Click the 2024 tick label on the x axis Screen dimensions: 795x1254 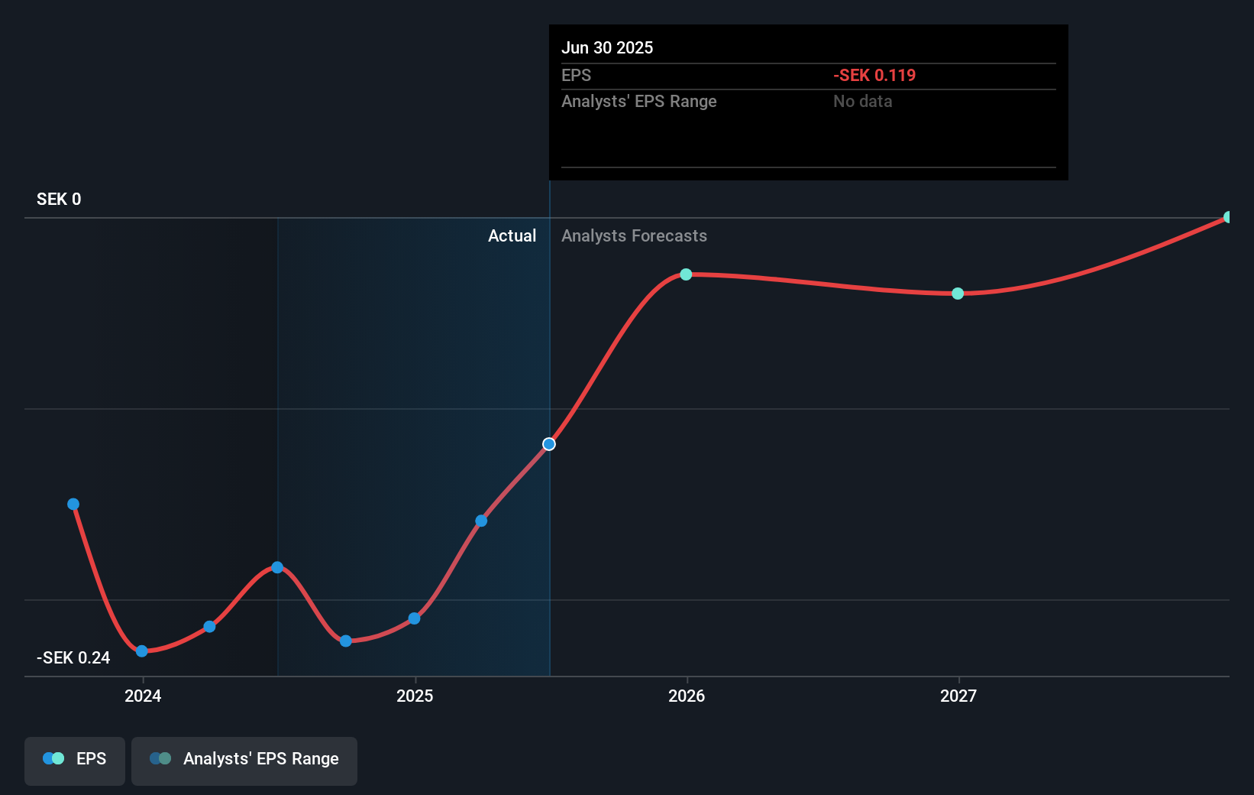[143, 696]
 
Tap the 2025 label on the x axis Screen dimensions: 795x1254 [415, 696]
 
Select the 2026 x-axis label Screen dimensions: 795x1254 [687, 696]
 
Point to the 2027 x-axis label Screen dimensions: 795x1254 [958, 696]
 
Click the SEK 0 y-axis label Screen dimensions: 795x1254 [59, 200]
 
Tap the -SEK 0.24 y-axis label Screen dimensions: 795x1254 [73, 658]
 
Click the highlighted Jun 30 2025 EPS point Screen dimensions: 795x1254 [549, 444]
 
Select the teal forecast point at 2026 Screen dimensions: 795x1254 [686, 274]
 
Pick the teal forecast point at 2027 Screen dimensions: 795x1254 [958, 294]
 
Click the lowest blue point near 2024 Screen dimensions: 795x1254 [142, 651]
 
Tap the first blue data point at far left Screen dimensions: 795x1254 [73, 505]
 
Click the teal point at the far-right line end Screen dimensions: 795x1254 [1228, 217]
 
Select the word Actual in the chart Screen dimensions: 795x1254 [512, 236]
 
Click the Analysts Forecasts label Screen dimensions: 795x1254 [634, 236]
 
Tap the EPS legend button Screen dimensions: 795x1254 [75, 759]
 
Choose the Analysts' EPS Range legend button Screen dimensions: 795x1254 [244, 759]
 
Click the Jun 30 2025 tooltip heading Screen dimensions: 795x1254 [607, 48]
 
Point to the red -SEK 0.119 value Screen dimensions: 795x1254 [874, 76]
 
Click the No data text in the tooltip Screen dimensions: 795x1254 [862, 102]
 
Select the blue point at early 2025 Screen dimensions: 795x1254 [414, 618]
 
